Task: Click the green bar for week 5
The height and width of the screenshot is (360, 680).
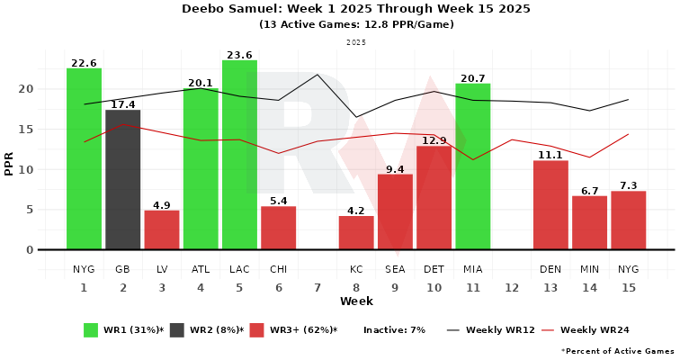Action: point(239,155)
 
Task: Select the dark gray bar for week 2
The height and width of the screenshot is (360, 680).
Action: point(123,180)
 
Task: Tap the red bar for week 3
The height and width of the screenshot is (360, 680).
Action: point(162,229)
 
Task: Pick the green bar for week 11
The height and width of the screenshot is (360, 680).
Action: point(472,166)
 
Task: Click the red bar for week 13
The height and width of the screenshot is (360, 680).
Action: point(550,205)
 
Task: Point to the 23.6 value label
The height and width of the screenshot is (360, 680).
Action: point(239,54)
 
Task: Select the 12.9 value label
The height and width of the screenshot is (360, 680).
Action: point(434,140)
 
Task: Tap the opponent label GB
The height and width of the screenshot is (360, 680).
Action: point(123,269)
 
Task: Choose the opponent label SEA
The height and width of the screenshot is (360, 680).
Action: point(395,269)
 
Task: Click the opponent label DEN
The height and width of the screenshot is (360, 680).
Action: point(550,269)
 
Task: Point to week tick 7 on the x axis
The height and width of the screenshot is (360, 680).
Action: point(317,287)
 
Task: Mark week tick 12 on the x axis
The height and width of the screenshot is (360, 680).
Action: point(512,287)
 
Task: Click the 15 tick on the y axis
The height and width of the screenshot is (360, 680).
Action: point(27,129)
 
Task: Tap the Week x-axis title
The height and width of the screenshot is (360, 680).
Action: point(356,301)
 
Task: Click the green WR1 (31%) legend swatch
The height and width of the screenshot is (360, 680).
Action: point(91,330)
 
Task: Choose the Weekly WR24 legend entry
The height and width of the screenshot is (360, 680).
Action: point(584,330)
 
